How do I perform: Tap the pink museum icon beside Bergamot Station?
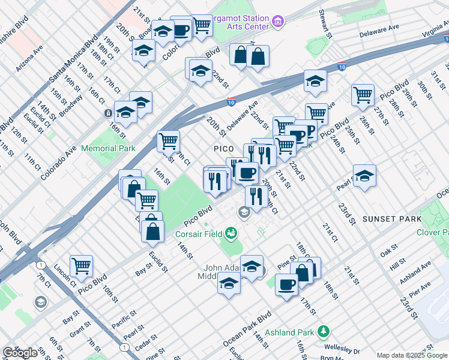[x=277, y=22]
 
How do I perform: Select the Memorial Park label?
[x=108, y=148]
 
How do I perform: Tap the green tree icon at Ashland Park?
[x=324, y=332]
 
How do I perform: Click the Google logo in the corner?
[x=20, y=353]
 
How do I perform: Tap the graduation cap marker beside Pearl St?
[x=364, y=175]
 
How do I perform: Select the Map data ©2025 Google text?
[x=412, y=355]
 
